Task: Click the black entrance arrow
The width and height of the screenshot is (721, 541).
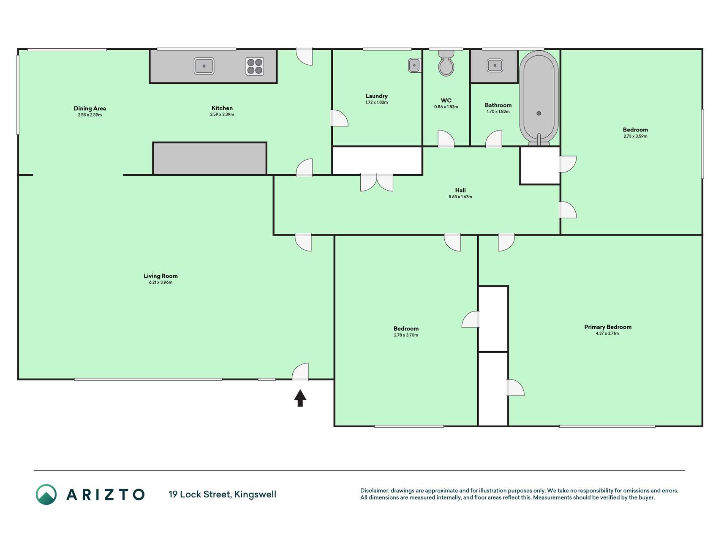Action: tap(300, 398)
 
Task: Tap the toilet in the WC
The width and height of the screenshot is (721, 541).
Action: tap(446, 63)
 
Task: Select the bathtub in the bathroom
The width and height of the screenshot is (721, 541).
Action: tap(539, 98)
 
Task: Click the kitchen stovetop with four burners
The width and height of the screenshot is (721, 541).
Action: tap(255, 66)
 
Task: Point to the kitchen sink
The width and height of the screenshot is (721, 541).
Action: tap(204, 66)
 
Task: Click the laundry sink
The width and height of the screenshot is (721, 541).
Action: tap(415, 65)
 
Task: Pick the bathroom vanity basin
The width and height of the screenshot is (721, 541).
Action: tap(495, 66)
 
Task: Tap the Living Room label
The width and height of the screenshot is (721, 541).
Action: tap(161, 276)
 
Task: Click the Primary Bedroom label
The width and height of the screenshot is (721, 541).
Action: tap(608, 327)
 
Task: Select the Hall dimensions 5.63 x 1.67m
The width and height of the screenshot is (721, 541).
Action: tap(460, 197)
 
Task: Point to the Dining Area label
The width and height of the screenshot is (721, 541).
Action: tap(90, 109)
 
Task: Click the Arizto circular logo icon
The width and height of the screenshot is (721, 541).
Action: tap(46, 495)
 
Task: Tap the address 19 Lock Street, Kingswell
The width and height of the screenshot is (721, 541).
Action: tap(223, 495)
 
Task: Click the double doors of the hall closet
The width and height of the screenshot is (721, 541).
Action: tap(377, 182)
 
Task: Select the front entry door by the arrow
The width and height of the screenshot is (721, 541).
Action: tap(300, 372)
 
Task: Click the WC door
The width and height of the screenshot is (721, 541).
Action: tap(446, 139)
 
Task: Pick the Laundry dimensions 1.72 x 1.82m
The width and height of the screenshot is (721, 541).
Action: tap(377, 102)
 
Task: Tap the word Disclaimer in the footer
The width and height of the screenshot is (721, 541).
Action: tap(374, 491)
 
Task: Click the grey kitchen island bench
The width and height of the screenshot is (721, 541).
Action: tap(209, 158)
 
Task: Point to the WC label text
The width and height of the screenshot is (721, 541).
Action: tap(446, 100)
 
